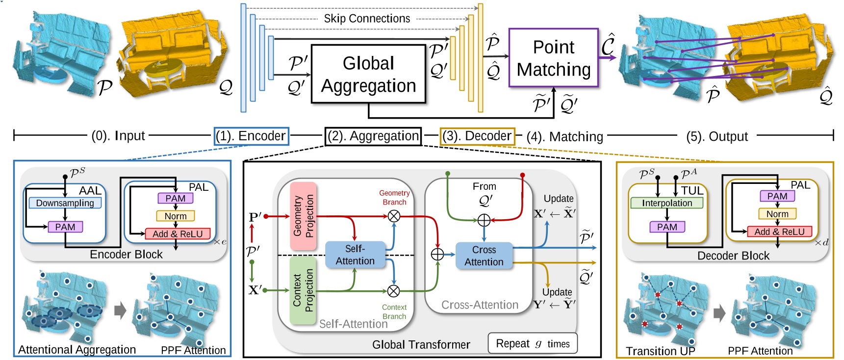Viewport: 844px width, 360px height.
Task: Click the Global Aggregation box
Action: pyautogui.click(x=368, y=74)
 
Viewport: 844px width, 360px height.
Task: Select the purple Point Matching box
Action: pyautogui.click(x=553, y=58)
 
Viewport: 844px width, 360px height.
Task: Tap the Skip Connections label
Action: pyautogui.click(x=367, y=19)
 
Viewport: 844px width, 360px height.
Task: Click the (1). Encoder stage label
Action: pyautogui.click(x=252, y=136)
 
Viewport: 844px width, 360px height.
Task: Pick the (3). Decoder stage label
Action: pyautogui.click(x=477, y=136)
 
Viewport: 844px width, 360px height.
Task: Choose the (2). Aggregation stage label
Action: pyautogui.click(x=373, y=136)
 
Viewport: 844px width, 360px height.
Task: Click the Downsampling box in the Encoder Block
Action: pyautogui.click(x=65, y=203)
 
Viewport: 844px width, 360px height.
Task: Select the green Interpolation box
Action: pyautogui.click(x=666, y=203)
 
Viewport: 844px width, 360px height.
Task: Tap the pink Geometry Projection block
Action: pyautogui.click(x=303, y=216)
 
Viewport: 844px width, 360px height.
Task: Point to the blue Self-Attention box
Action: pyautogui.click(x=355, y=255)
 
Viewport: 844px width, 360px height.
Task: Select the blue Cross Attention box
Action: pyautogui.click(x=484, y=256)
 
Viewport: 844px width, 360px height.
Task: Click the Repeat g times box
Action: pyautogui.click(x=532, y=343)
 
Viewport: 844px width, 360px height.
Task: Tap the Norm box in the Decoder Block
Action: pyautogui.click(x=777, y=214)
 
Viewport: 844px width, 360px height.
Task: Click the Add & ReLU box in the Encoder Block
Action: pyautogui.click(x=178, y=234)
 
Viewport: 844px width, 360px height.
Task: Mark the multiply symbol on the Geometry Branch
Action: pyautogui.click(x=394, y=216)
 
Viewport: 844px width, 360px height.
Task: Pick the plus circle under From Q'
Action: pyautogui.click(x=484, y=220)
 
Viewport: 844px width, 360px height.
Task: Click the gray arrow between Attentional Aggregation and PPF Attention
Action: pyautogui.click(x=120, y=310)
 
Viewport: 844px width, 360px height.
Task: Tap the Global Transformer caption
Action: pyautogui.click(x=421, y=345)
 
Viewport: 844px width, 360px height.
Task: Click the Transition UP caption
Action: pyautogui.click(x=660, y=351)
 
